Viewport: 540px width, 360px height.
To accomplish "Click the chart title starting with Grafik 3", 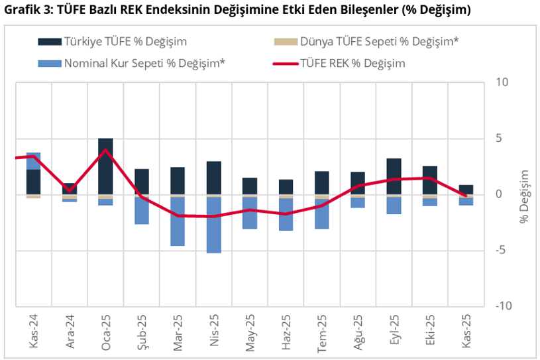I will (238, 11).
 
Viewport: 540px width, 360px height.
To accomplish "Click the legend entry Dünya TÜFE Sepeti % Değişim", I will (380, 42).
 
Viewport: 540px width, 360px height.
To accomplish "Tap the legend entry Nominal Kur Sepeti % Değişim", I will (144, 64).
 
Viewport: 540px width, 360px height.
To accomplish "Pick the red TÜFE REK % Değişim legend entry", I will (352, 64).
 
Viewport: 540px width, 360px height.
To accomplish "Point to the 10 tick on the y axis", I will (502, 83).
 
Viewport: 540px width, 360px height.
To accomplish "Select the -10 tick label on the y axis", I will (502, 306).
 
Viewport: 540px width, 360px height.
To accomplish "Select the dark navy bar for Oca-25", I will (105, 166).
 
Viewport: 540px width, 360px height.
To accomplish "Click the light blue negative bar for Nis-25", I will (213, 225).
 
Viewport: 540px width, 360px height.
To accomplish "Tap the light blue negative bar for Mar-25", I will (178, 221).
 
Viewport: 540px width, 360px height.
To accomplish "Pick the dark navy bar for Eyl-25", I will (394, 176).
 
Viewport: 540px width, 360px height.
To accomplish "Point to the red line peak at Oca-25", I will (105, 150).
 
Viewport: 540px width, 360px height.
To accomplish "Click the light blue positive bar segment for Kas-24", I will (33, 160).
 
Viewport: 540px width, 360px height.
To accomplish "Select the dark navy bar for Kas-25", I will (466, 190).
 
